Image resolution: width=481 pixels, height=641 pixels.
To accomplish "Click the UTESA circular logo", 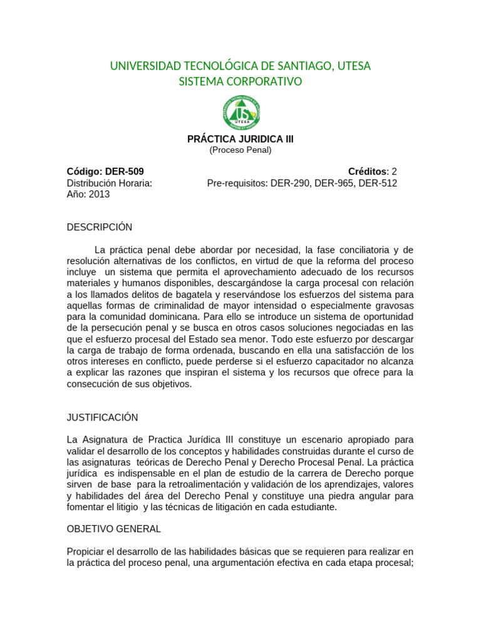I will (240, 113).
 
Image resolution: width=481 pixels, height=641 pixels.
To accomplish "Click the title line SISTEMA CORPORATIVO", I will (240, 81).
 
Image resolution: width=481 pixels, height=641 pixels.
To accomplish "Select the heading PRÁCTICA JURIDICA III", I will (240, 139).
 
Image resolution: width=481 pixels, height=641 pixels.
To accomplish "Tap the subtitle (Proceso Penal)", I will (240, 150).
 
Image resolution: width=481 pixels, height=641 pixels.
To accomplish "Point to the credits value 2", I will (394, 172).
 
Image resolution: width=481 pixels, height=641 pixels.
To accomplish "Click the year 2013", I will (99, 194).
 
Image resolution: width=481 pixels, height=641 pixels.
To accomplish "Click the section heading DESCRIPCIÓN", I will (100, 227).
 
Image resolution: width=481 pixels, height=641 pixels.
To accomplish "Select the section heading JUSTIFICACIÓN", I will (103, 417).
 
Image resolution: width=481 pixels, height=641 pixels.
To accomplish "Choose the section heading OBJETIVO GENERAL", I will (114, 528).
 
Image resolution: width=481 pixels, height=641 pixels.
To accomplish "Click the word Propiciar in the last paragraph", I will (87, 551).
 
